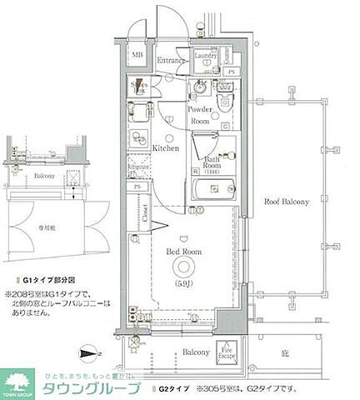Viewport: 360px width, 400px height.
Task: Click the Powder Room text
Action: (198, 115)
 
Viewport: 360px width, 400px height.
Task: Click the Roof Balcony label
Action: (287, 202)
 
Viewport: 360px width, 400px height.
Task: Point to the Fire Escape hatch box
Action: (225, 352)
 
